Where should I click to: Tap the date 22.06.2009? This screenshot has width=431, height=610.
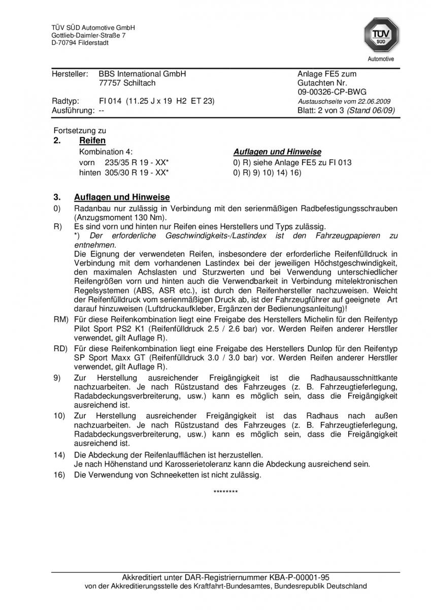(375, 101)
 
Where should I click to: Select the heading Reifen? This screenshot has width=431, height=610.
(92, 141)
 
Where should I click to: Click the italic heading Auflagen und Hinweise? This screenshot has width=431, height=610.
(277, 152)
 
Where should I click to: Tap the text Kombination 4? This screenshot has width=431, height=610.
(106, 152)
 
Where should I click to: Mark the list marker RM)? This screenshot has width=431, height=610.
(60, 320)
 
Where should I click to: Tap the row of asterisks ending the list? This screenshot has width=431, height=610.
(225, 492)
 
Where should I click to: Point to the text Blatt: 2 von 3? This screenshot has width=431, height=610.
(321, 110)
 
